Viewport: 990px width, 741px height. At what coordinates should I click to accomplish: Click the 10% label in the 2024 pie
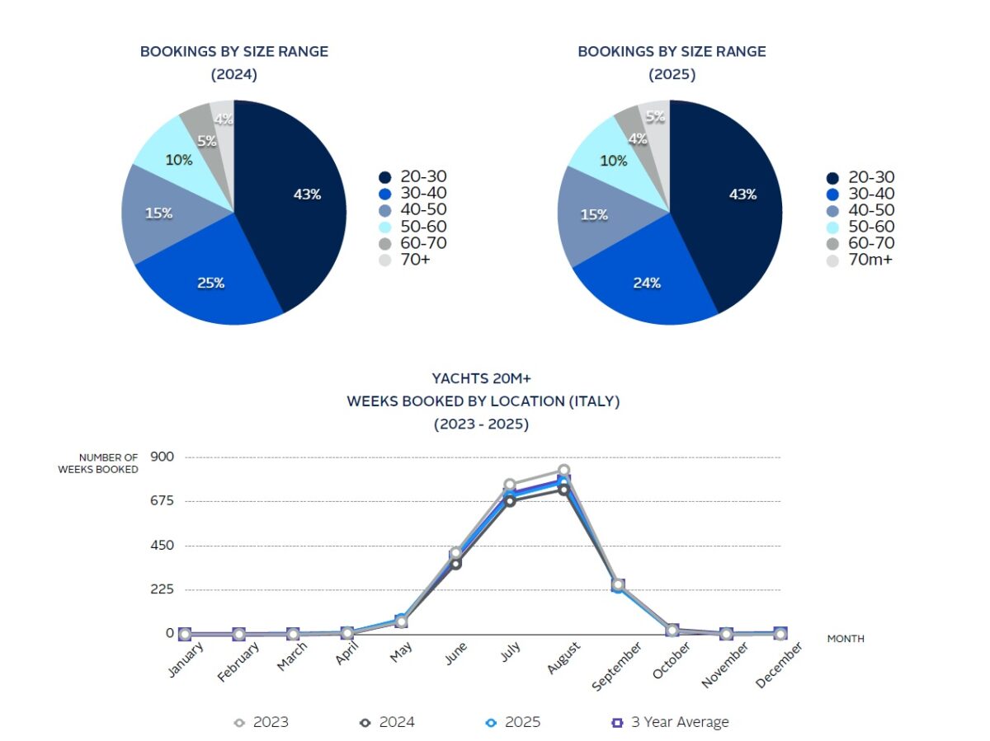(180, 160)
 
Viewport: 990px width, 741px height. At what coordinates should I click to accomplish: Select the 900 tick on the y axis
(163, 456)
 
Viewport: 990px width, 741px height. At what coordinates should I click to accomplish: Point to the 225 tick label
(163, 589)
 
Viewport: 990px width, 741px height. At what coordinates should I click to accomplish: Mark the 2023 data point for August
(563, 471)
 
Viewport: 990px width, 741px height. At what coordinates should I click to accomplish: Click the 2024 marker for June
(455, 564)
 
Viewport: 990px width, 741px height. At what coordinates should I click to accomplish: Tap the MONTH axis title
(846, 639)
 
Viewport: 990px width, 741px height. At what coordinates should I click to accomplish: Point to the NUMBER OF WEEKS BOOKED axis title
(98, 463)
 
